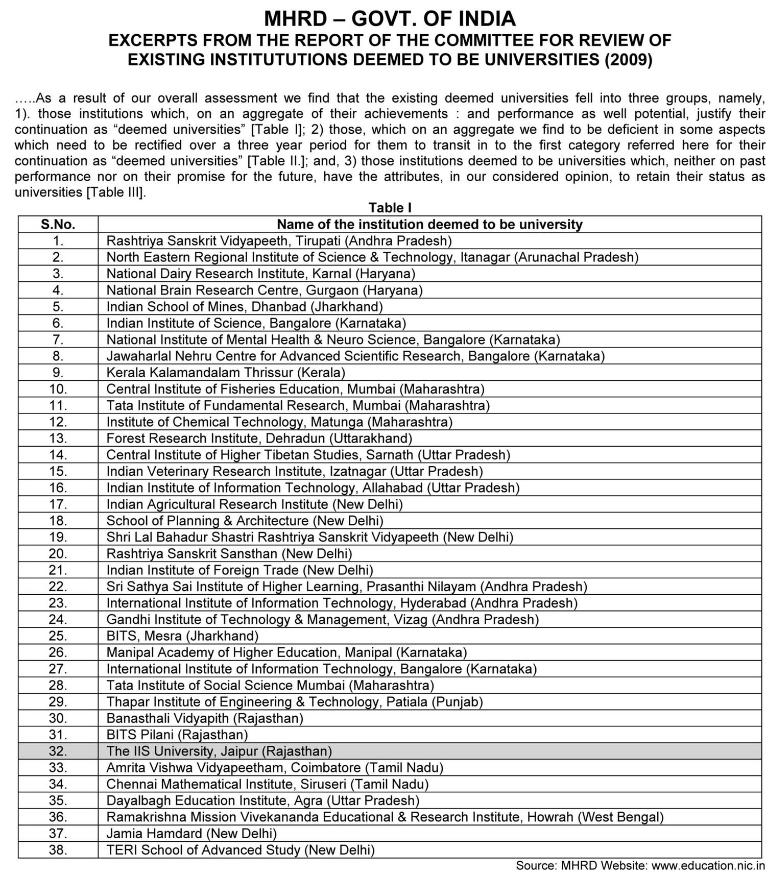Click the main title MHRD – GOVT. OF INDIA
(x=390, y=19)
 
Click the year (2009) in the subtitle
(x=628, y=60)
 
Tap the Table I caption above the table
(x=390, y=208)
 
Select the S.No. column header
(x=58, y=224)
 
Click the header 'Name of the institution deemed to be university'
(x=429, y=224)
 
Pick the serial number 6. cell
(x=58, y=323)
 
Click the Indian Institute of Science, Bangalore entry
(x=256, y=323)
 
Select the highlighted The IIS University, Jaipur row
(x=219, y=751)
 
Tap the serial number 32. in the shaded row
(x=58, y=751)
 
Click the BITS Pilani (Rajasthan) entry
(x=177, y=735)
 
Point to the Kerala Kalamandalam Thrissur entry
(x=226, y=373)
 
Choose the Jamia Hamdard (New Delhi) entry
(x=192, y=834)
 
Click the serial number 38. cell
(x=58, y=850)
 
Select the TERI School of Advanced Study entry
(x=241, y=850)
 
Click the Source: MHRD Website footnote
(x=640, y=866)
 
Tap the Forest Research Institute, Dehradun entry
(x=259, y=439)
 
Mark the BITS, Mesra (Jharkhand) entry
(x=182, y=636)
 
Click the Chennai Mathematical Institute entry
(x=267, y=784)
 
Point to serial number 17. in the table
(x=58, y=504)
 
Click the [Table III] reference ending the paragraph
(x=116, y=192)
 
